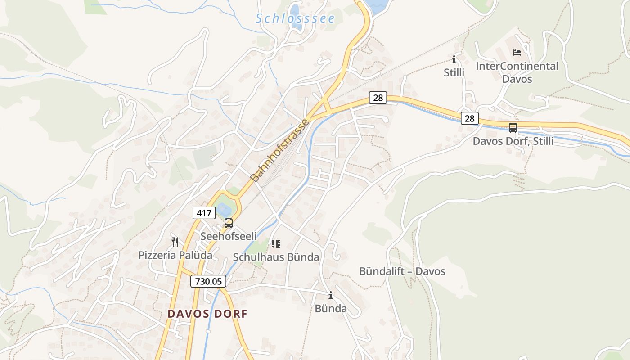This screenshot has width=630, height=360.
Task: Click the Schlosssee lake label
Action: click(x=295, y=18)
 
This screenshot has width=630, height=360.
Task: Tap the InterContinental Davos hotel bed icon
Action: click(x=517, y=53)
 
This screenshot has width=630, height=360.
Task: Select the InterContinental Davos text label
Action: click(x=517, y=72)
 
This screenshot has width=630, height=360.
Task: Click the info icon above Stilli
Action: click(x=454, y=59)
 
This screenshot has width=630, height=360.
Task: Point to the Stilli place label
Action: click(x=454, y=72)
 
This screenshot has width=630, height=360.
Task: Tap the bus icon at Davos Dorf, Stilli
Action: click(x=513, y=128)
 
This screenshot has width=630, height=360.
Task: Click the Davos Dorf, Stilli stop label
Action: click(x=513, y=141)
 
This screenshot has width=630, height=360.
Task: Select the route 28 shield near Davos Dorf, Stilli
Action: click(x=469, y=118)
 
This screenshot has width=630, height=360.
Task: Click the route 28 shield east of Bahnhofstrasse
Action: click(x=378, y=98)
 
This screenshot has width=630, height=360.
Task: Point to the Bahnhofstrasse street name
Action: click(x=280, y=150)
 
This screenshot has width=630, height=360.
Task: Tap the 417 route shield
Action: click(x=204, y=213)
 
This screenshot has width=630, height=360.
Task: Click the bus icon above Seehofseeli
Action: click(x=229, y=223)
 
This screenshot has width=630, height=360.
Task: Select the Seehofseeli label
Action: click(x=229, y=236)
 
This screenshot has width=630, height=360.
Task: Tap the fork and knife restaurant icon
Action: click(x=175, y=242)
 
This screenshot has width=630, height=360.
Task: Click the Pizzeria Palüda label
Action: click(x=175, y=255)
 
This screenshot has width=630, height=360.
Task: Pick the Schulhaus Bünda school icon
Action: click(x=276, y=244)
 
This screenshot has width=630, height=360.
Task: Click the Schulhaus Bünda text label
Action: click(x=276, y=257)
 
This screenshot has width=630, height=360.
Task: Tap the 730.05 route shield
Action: click(x=208, y=281)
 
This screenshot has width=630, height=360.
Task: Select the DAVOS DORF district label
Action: click(x=207, y=314)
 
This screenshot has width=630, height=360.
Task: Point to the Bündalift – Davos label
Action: click(x=402, y=271)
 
